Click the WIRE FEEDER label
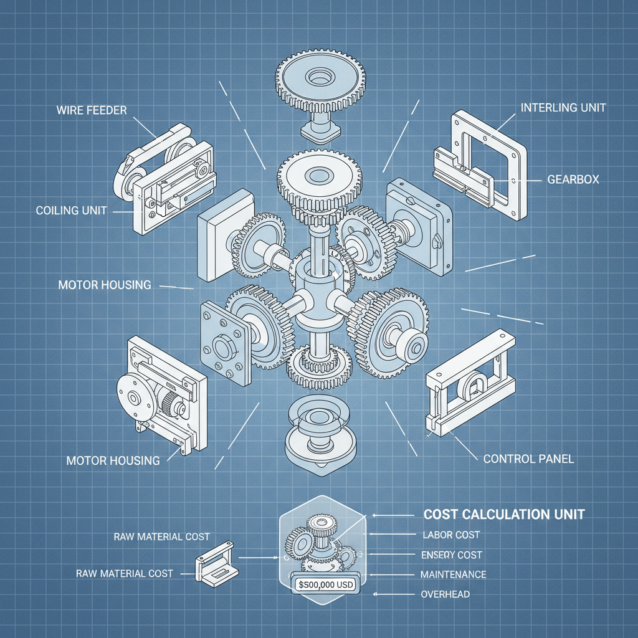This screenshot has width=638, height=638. (92, 110)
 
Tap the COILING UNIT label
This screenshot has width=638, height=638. (71, 211)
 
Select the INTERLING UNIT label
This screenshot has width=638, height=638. (563, 108)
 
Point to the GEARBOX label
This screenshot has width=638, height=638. (573, 179)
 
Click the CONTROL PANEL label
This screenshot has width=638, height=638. (528, 459)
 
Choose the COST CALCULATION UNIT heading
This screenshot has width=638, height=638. (504, 514)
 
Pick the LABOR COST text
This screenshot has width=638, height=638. (451, 535)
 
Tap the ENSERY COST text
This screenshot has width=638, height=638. (452, 555)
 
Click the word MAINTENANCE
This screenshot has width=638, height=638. (454, 574)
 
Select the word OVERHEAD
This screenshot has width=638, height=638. (445, 594)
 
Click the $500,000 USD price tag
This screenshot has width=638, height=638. (326, 585)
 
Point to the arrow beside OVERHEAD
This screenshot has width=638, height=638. (394, 594)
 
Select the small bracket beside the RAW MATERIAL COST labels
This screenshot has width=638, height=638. (216, 564)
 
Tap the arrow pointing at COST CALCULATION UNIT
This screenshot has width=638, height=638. (393, 515)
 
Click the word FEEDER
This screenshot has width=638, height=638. (108, 110)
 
